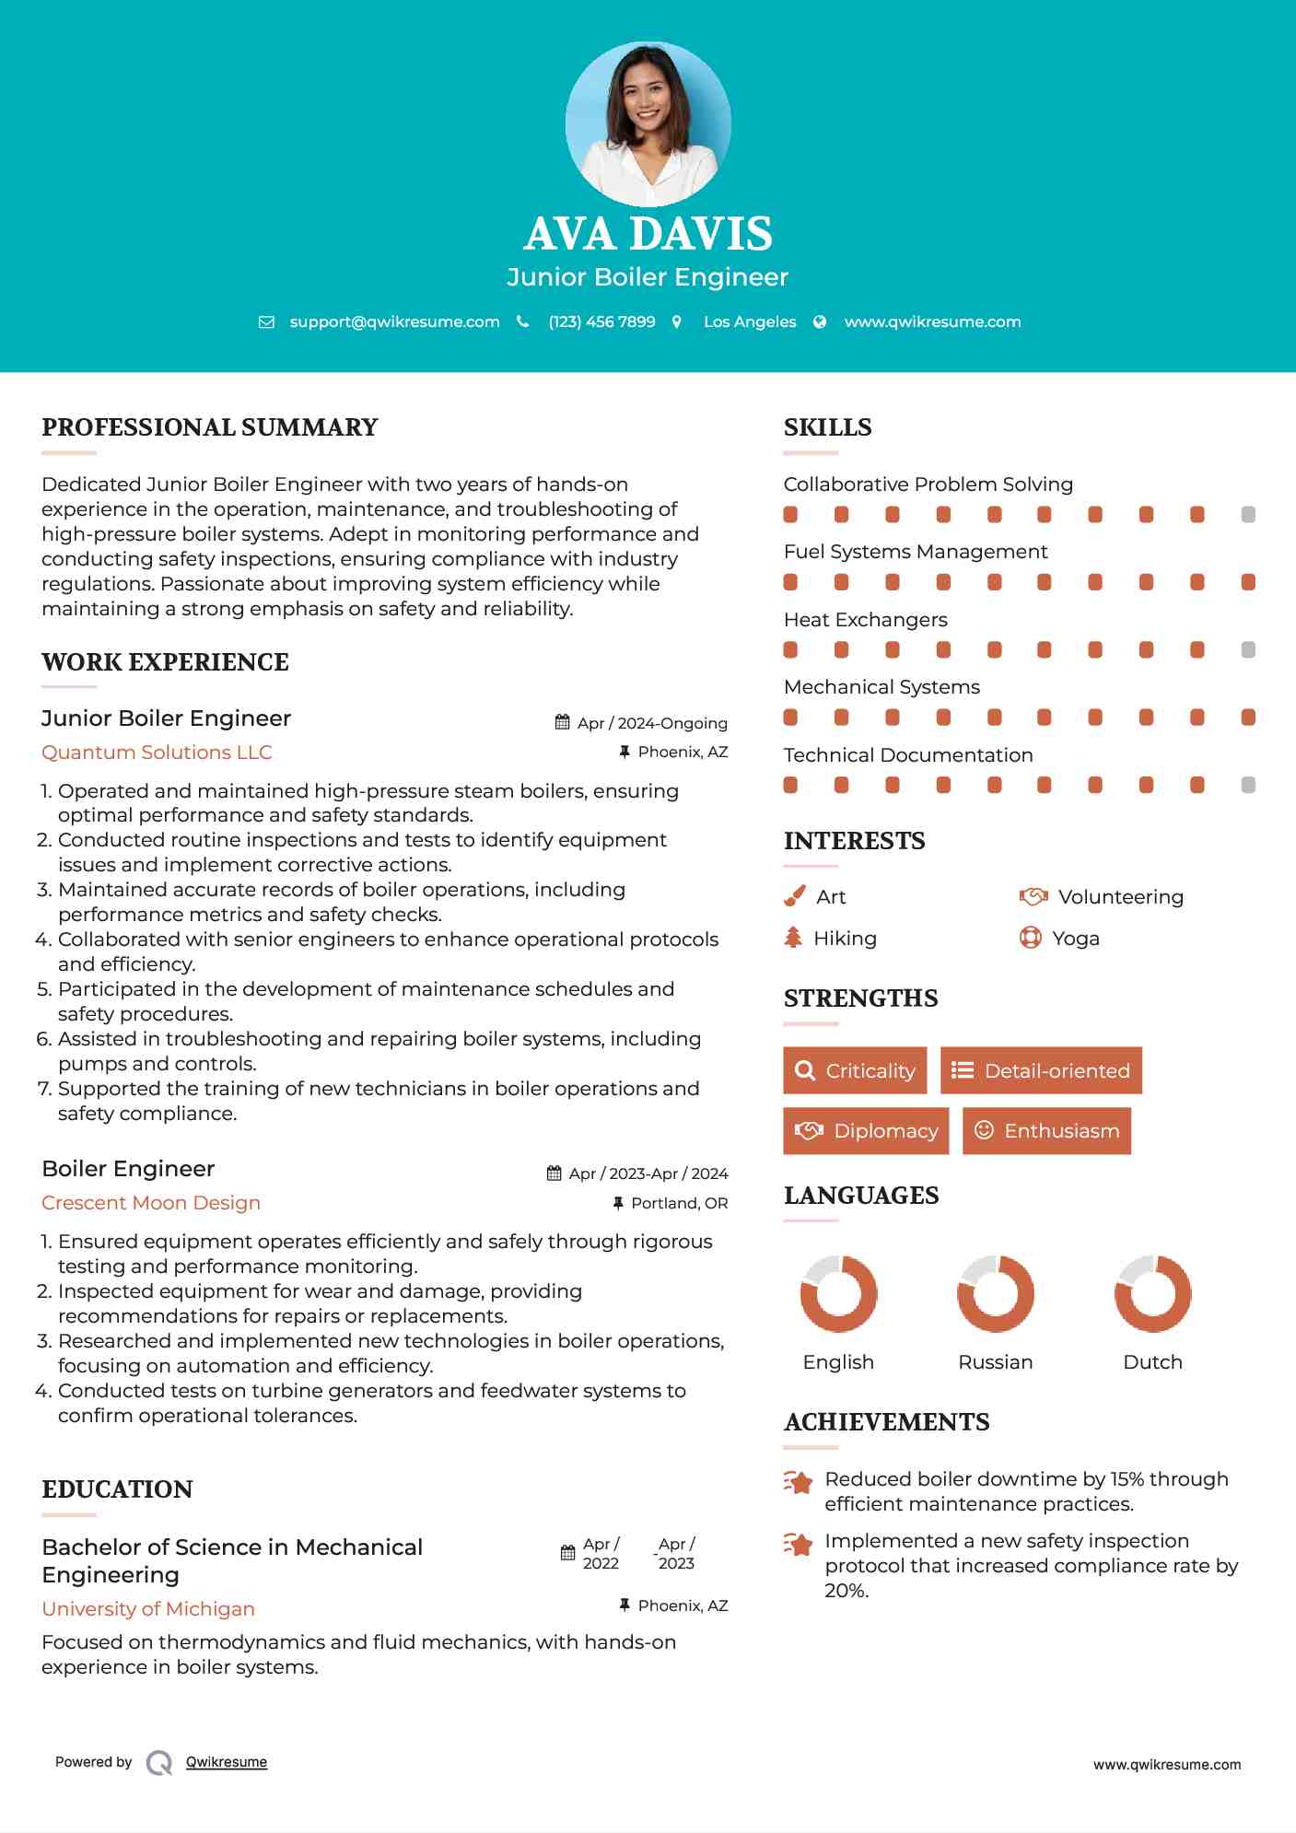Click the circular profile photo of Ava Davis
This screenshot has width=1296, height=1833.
pyautogui.click(x=648, y=123)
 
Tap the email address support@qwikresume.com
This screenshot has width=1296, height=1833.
pyautogui.click(x=394, y=321)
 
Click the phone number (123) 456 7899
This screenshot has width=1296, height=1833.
pyautogui.click(x=601, y=321)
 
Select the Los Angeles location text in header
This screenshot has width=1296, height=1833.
pyautogui.click(x=750, y=321)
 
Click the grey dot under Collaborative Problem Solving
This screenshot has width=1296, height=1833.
pyautogui.click(x=1248, y=514)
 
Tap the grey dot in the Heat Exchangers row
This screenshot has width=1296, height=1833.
pyautogui.click(x=1248, y=649)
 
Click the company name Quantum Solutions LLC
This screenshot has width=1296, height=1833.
pyautogui.click(x=157, y=752)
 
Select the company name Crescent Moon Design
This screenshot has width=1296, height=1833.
pyautogui.click(x=151, y=1202)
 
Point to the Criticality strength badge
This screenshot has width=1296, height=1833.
pyautogui.click(x=855, y=1070)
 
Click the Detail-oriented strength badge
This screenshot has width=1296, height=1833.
pyautogui.click(x=1041, y=1070)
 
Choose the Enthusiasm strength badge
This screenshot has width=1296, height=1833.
pyautogui.click(x=1046, y=1130)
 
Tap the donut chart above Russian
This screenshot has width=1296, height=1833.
pyautogui.click(x=996, y=1293)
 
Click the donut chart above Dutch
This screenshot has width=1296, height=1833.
pyautogui.click(x=1152, y=1293)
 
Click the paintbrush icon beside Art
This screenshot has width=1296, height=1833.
pyautogui.click(x=794, y=896)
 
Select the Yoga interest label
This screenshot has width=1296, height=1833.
pyautogui.click(x=1076, y=938)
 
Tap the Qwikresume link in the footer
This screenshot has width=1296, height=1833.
pyautogui.click(x=227, y=1761)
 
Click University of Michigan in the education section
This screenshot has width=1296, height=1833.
pyautogui.click(x=148, y=1608)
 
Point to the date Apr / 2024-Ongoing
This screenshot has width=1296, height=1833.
pyautogui.click(x=652, y=723)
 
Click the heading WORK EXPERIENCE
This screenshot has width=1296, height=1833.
pyautogui.click(x=165, y=661)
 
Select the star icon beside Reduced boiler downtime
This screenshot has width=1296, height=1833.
pyautogui.click(x=798, y=1482)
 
